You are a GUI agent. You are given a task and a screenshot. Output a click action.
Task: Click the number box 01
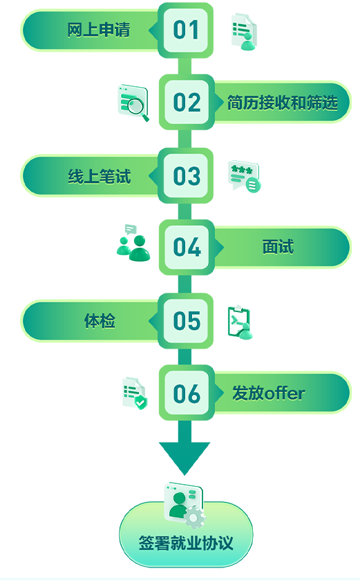[186, 30]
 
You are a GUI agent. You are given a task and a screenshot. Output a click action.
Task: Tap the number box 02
[187, 102]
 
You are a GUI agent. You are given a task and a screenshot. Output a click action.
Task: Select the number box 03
[186, 175]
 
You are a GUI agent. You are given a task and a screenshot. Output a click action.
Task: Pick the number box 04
[187, 247]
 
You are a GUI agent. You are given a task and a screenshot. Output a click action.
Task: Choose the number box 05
[186, 320]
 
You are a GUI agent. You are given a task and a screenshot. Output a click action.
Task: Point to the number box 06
[187, 393]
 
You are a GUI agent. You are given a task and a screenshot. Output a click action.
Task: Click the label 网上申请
[99, 30]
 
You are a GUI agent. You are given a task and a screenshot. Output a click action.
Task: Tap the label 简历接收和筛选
[283, 102]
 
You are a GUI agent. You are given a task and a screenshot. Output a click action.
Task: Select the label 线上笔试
[100, 176]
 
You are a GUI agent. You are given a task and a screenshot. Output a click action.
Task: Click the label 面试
[278, 247]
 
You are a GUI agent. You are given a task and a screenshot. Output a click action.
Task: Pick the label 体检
[100, 320]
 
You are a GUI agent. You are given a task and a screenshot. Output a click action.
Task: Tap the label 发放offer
[269, 393]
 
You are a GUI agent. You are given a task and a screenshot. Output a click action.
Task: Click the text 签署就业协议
[186, 543]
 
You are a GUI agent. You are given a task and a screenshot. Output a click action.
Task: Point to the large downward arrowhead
[184, 458]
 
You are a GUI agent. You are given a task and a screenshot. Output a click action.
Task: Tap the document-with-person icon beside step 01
[244, 32]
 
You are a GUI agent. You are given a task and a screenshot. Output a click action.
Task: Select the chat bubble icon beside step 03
[244, 176]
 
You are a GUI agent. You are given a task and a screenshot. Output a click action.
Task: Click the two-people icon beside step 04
[133, 243]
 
